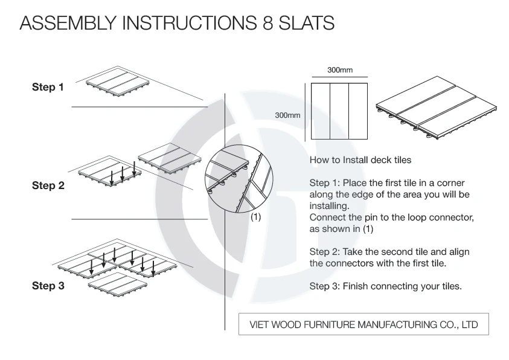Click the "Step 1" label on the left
point(47,88)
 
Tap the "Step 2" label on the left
point(47,186)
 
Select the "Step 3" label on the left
point(47,286)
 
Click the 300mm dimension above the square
point(340,71)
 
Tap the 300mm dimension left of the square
point(288,114)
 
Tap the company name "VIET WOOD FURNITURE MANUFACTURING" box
point(364,324)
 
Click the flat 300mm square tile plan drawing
point(339,112)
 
